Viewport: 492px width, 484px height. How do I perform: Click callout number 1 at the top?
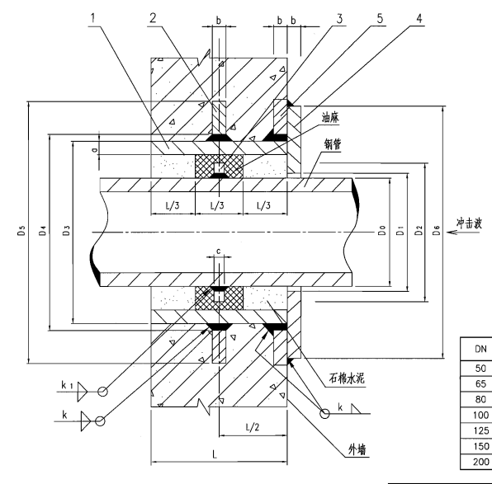pyautogui.click(x=92, y=18)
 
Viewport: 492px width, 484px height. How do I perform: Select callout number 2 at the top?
pyautogui.click(x=153, y=18)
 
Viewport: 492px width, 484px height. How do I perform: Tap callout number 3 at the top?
pyautogui.click(x=339, y=19)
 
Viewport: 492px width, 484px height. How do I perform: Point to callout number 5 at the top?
pyautogui.click(x=380, y=19)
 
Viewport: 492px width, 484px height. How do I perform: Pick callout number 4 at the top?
pyautogui.click(x=419, y=19)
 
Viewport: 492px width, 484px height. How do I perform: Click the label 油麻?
pyautogui.click(x=330, y=118)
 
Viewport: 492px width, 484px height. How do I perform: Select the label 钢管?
pyautogui.click(x=333, y=144)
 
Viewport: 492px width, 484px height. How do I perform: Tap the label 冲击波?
pyautogui.click(x=469, y=223)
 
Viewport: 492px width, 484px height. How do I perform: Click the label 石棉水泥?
pyautogui.click(x=347, y=378)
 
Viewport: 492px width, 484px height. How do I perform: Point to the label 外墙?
pyautogui.click(x=357, y=450)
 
